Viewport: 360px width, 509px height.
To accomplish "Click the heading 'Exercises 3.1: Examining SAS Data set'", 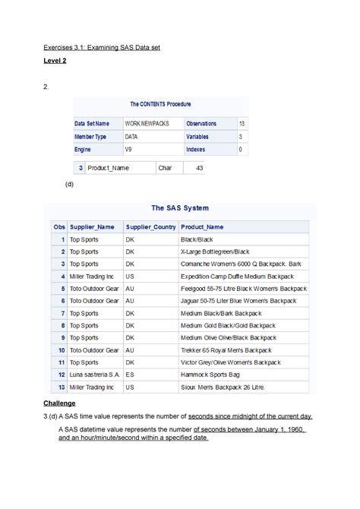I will pyautogui.click(x=111, y=48).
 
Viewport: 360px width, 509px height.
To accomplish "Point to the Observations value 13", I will pyautogui.click(x=242, y=123).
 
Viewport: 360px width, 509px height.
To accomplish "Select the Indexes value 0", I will pyautogui.click(x=241, y=150).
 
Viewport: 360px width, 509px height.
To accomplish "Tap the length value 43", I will pyautogui.click(x=199, y=168).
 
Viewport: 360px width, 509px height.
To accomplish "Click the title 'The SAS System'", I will pyautogui.click(x=180, y=207).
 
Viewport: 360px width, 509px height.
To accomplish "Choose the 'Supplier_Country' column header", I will pyautogui.click(x=150, y=226).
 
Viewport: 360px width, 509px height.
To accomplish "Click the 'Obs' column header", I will pyautogui.click(x=58, y=226).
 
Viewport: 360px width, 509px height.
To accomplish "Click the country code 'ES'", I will pyautogui.click(x=130, y=375).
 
